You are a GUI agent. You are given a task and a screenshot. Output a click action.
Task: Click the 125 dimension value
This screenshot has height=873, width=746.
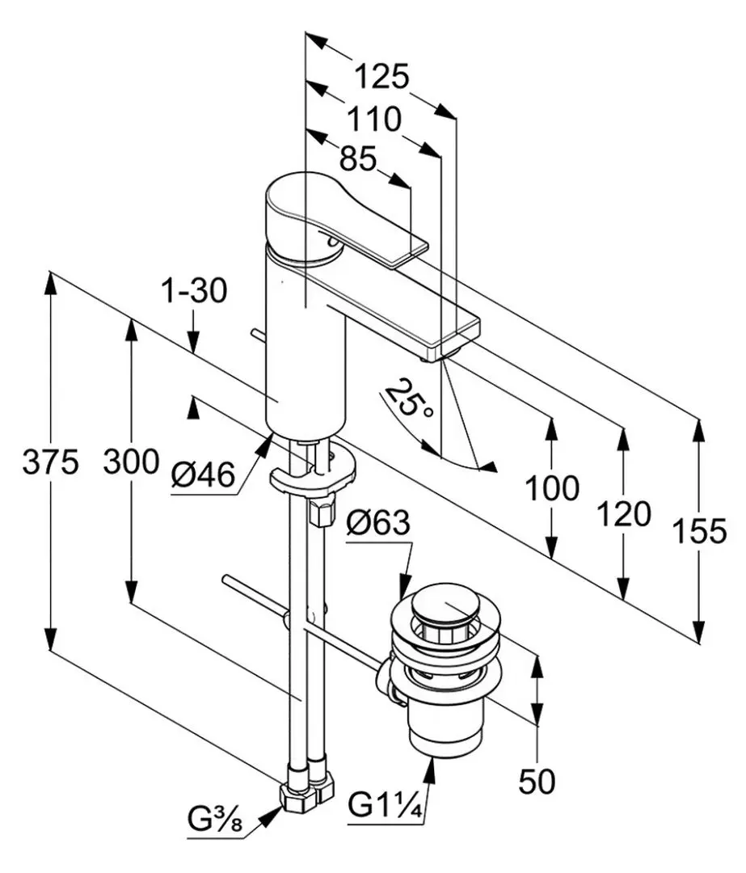pos(382,76)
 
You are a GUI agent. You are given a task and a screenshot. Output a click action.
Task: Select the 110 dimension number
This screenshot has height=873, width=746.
pos(373,119)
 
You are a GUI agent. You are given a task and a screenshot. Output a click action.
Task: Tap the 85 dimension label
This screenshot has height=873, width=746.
pos(358,159)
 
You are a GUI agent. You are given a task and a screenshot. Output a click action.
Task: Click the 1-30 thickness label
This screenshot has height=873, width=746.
pos(194,291)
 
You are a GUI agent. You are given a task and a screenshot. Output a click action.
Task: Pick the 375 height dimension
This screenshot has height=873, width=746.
pos(51,462)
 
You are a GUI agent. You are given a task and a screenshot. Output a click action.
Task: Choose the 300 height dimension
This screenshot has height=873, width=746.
pos(132,462)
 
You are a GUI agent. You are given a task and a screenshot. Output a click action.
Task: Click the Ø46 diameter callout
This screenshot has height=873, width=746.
pos(203,475)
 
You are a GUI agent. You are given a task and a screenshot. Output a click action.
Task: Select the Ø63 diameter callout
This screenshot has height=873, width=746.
pos(378,523)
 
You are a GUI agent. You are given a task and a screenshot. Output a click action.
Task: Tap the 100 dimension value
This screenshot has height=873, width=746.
pos(552,489)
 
